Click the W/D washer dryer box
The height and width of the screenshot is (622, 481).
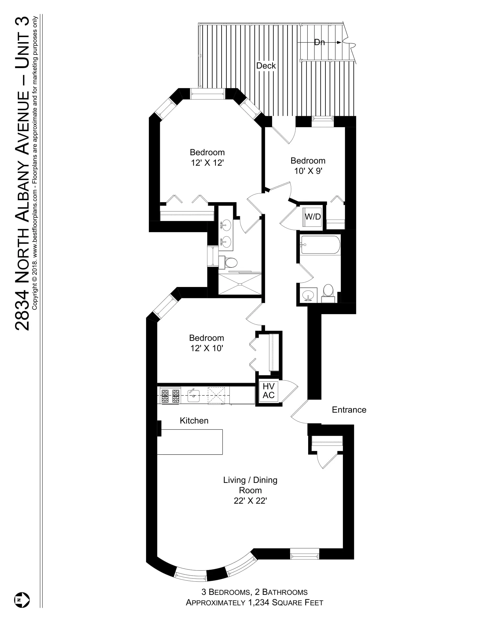point(312,217)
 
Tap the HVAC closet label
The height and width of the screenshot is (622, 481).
point(269,391)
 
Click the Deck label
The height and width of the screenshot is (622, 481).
point(266,66)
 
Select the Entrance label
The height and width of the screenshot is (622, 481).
point(349,410)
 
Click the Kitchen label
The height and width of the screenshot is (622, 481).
point(194,421)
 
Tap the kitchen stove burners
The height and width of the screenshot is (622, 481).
point(170,396)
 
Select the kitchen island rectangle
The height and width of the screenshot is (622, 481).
point(190,442)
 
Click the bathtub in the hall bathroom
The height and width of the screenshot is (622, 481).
point(320,245)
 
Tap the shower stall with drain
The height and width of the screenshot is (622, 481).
point(240,284)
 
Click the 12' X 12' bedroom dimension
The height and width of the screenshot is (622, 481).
point(207,163)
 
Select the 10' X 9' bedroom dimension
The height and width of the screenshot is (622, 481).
point(308,171)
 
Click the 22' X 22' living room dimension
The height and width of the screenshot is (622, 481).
point(250,501)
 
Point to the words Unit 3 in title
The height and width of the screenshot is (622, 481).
point(22,43)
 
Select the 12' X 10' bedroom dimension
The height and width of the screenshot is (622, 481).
point(206,348)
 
